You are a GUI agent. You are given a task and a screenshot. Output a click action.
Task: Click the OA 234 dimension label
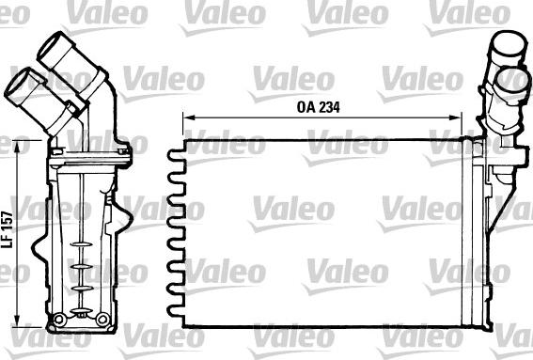318,106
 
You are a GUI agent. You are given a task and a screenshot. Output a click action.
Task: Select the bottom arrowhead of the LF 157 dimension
21,322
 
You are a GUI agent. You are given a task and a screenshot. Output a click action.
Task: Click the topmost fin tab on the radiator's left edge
173,154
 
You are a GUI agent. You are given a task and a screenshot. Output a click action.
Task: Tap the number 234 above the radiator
327,106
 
